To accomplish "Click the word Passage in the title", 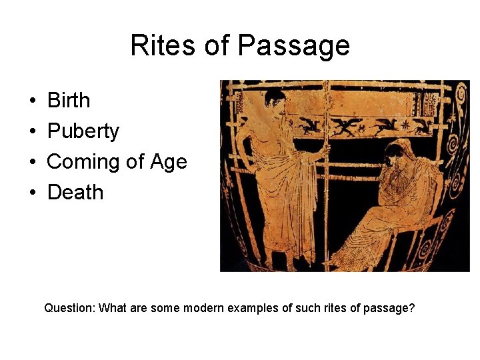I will [x=293, y=45].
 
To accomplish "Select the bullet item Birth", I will [x=69, y=101].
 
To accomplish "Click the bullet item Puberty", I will [x=83, y=131].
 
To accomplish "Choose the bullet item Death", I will [x=75, y=193].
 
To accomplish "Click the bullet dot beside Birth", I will [x=33, y=101].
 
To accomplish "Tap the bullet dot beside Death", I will [x=33, y=193].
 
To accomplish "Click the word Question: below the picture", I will [x=69, y=309].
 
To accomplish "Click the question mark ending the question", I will [x=411, y=309].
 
